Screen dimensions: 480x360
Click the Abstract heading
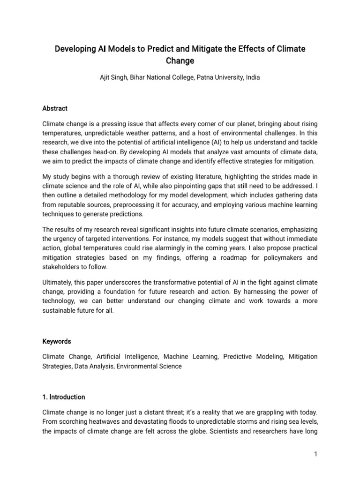[x=55, y=108]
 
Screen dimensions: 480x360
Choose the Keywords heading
[x=57, y=341]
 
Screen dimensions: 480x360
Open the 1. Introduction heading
[x=64, y=397]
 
